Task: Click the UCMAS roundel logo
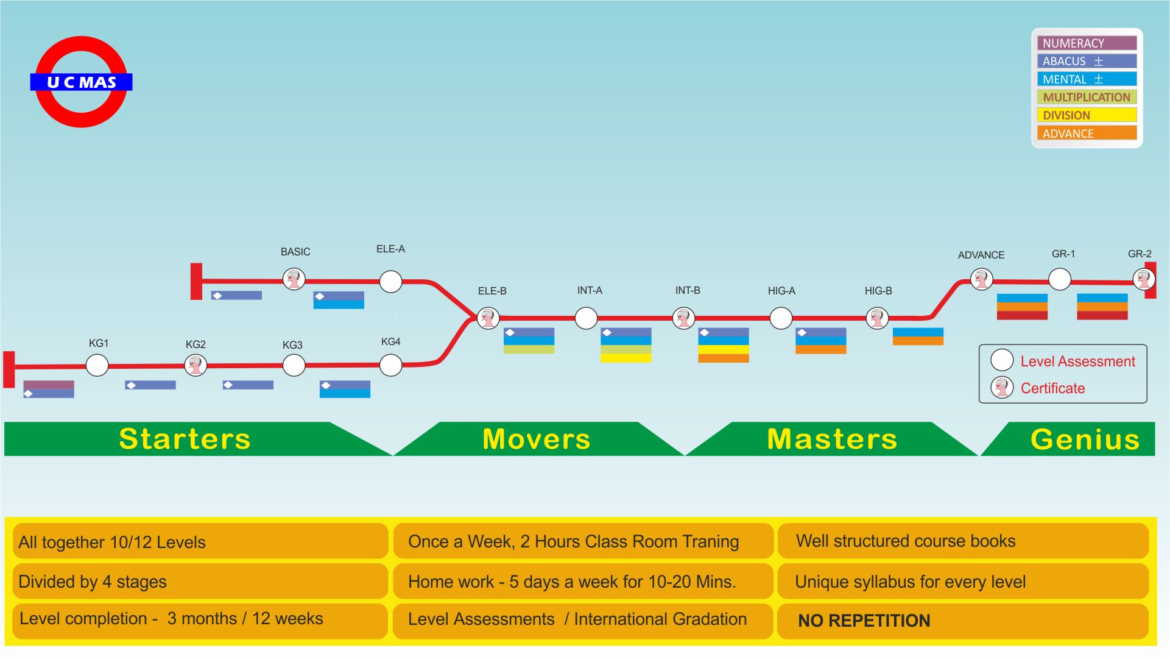pos(81,82)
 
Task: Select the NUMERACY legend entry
pos(1087,43)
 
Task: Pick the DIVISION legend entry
pos(1087,115)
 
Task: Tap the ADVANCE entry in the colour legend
pos(1087,134)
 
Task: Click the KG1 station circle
pos(97,366)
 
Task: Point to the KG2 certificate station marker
pos(196,366)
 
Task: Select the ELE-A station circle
pos(390,282)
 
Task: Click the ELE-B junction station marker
pos(488,318)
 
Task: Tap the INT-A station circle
pos(586,318)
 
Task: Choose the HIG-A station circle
pos(781,318)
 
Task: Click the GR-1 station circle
pos(1060,280)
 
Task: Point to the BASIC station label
pos(295,252)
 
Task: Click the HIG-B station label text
pos(878,291)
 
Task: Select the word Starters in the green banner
pos(185,439)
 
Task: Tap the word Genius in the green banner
pos(1085,439)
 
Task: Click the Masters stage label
pos(832,439)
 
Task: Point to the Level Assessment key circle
pos(1002,360)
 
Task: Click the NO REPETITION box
pos(962,621)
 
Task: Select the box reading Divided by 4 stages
pos(200,582)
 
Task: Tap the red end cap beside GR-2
pos(1151,280)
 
